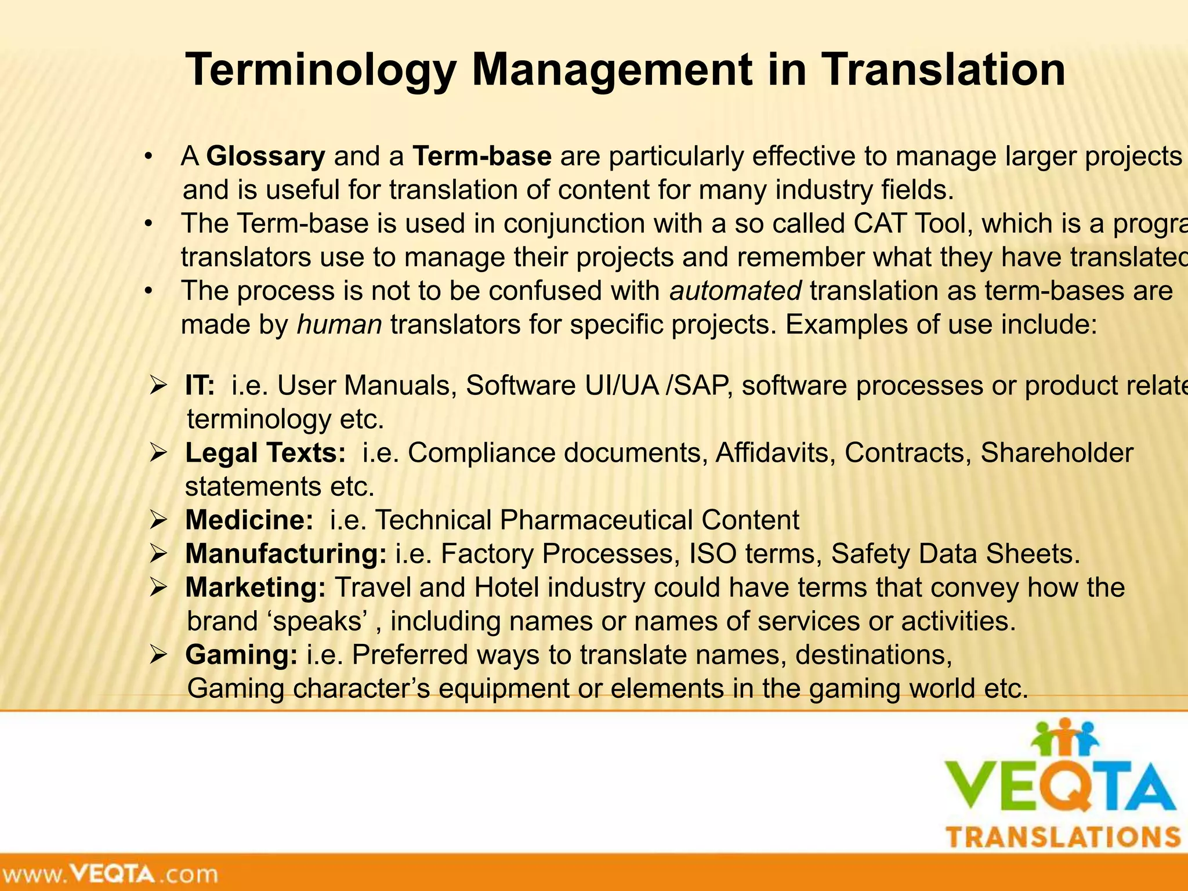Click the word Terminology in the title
318,70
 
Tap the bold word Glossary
266,157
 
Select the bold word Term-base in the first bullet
482,157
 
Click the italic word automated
736,291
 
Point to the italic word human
339,325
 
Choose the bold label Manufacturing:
286,554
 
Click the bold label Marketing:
256,588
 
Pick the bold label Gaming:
242,655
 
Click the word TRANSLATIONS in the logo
1064,838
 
